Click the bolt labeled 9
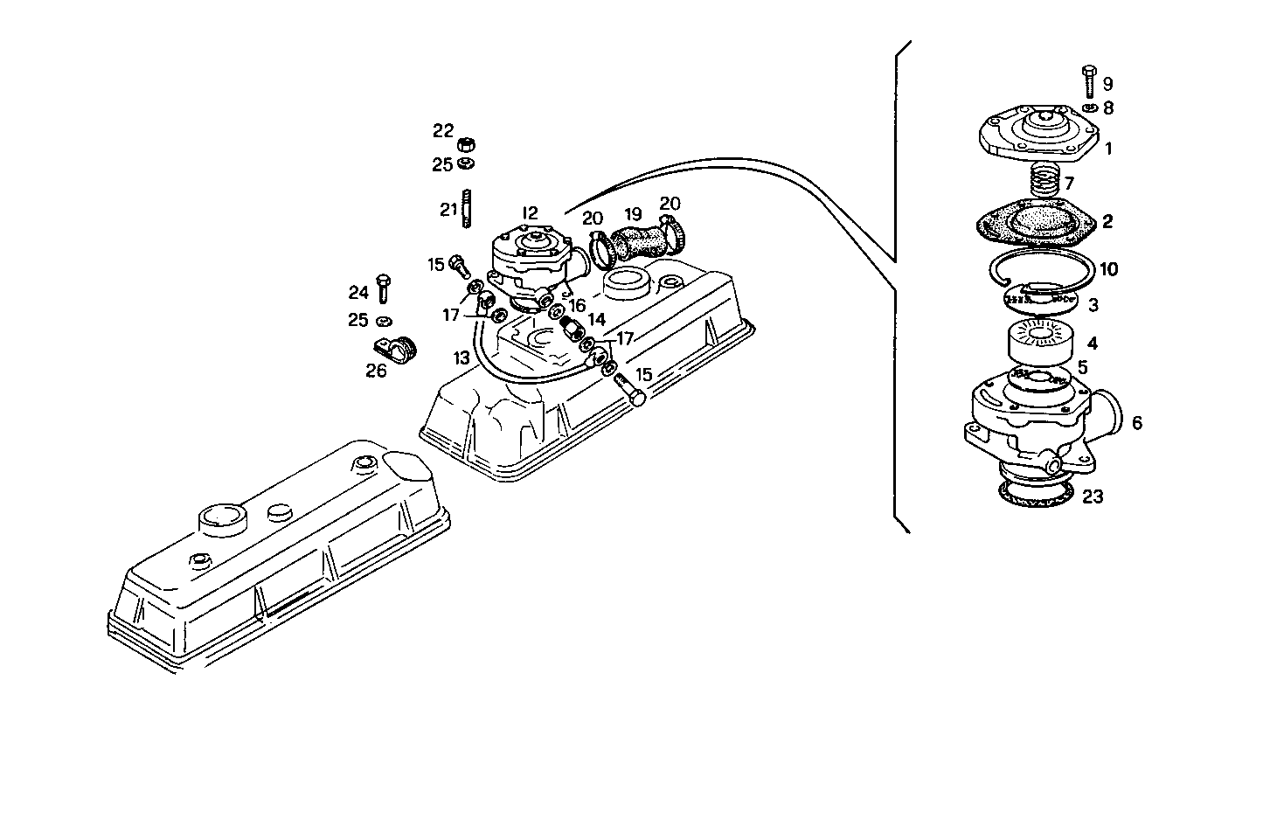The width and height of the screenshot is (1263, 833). (1088, 80)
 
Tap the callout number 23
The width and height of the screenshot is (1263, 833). (1093, 496)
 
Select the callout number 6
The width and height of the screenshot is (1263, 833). (1136, 423)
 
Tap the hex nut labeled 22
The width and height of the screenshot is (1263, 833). (467, 143)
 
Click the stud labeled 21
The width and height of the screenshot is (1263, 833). (468, 211)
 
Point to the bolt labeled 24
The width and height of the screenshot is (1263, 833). (383, 288)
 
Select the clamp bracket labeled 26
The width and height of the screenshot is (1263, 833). (395, 351)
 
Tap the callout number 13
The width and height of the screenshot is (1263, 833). (461, 358)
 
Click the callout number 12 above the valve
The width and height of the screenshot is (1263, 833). (530, 212)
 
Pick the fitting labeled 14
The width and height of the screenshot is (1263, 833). (573, 330)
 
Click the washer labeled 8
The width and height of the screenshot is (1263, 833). (1087, 108)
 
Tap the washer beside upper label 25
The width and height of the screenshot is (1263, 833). (467, 163)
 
